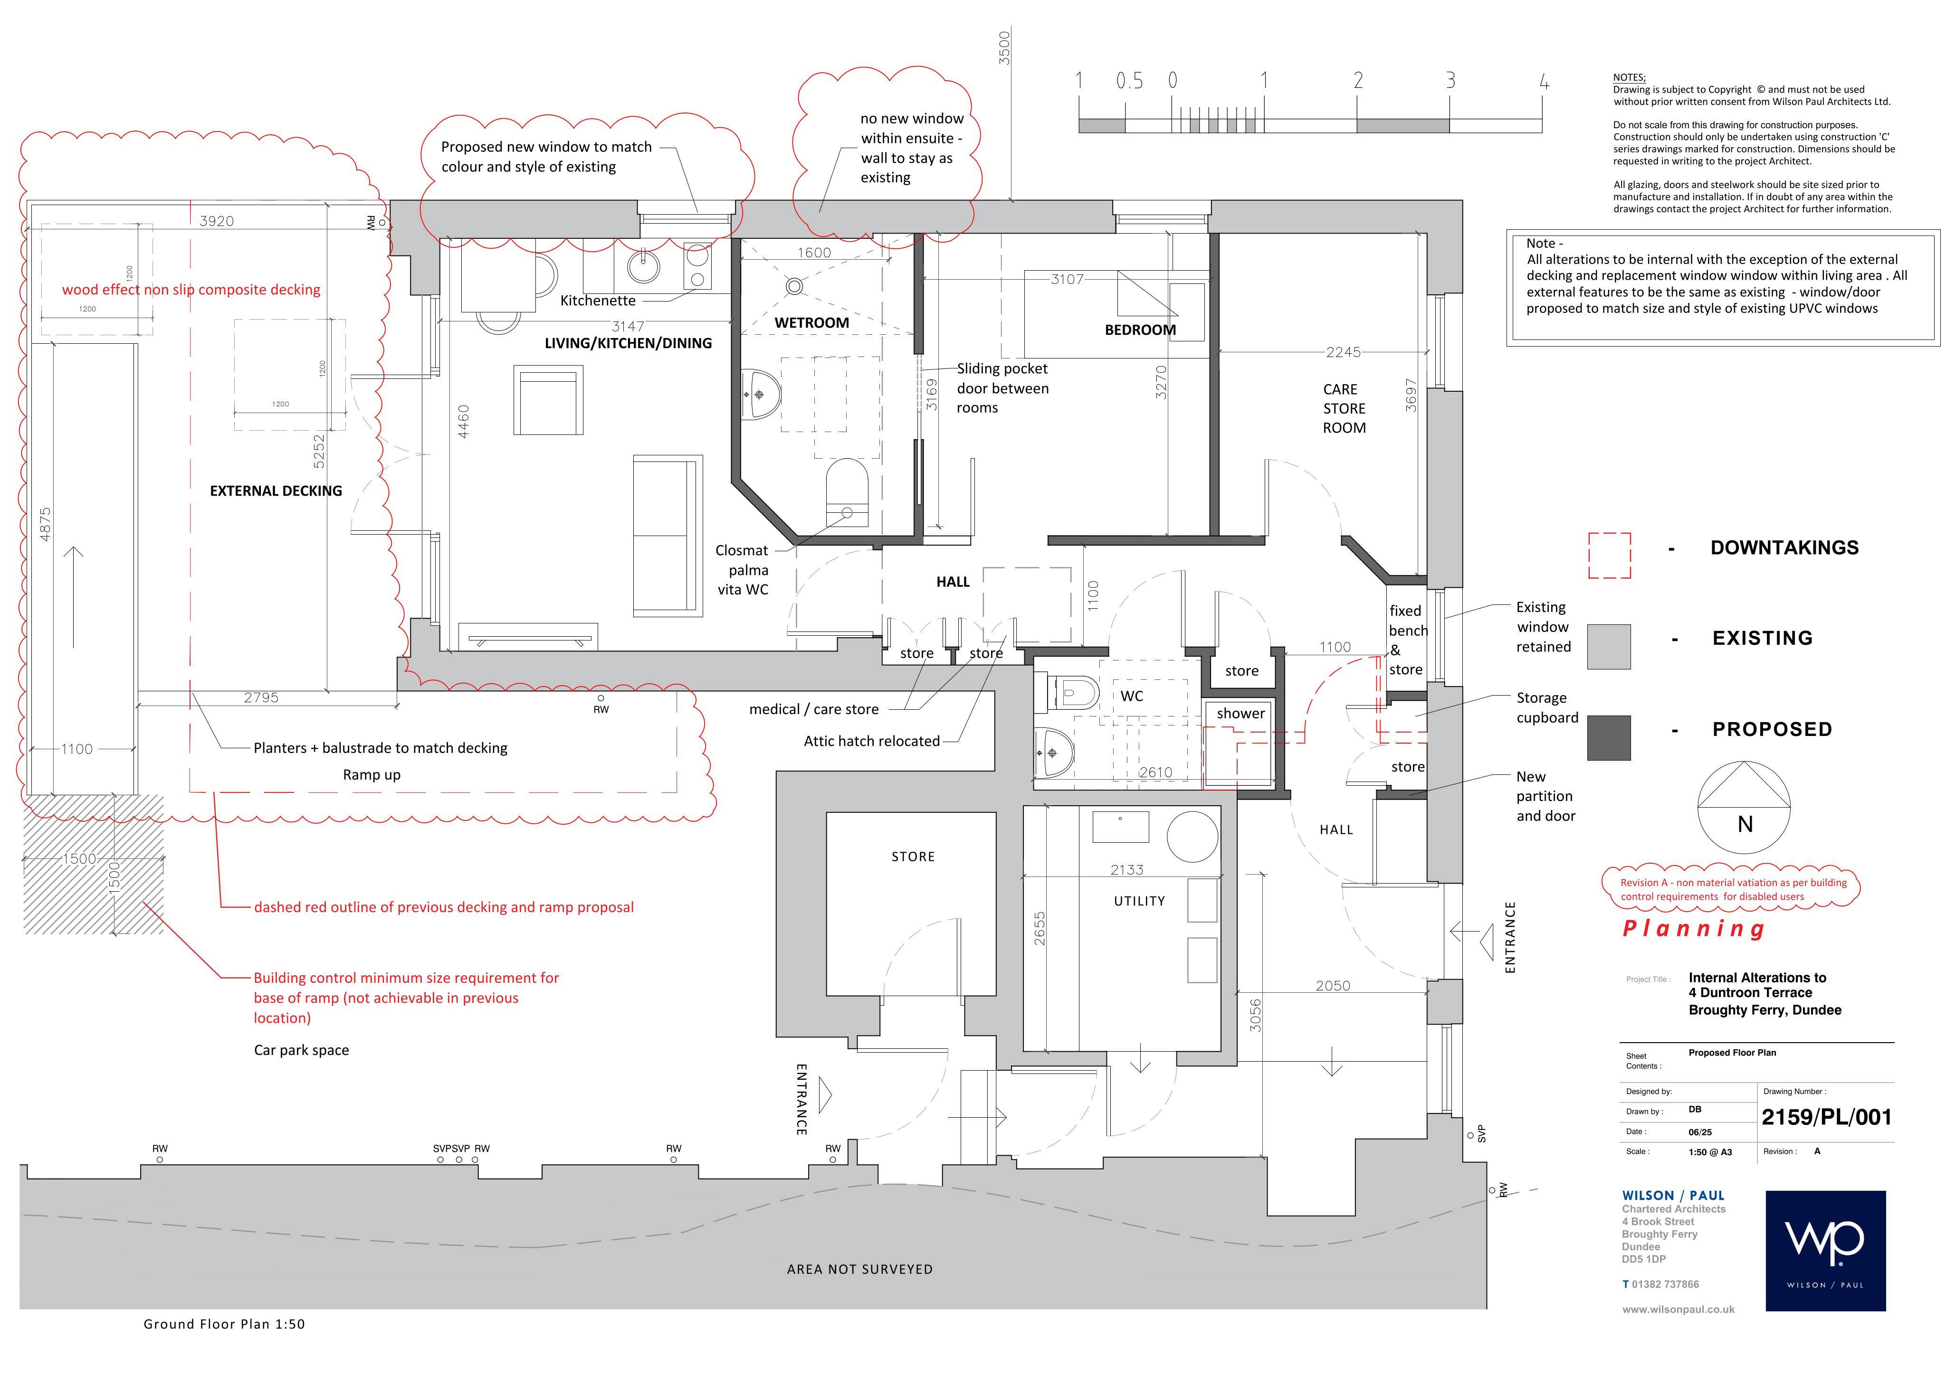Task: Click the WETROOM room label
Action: [x=811, y=323]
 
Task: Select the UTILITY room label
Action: [x=1139, y=901]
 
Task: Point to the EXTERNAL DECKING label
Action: [x=277, y=490]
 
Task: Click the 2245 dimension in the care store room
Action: [x=1344, y=352]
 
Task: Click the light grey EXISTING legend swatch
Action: [x=1609, y=646]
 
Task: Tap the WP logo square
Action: [x=1826, y=1251]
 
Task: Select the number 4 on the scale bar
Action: [x=1544, y=81]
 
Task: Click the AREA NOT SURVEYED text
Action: [x=859, y=1269]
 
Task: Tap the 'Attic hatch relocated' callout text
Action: [x=871, y=741]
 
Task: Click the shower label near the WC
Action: [x=1241, y=713]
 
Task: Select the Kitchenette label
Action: [x=598, y=301]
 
